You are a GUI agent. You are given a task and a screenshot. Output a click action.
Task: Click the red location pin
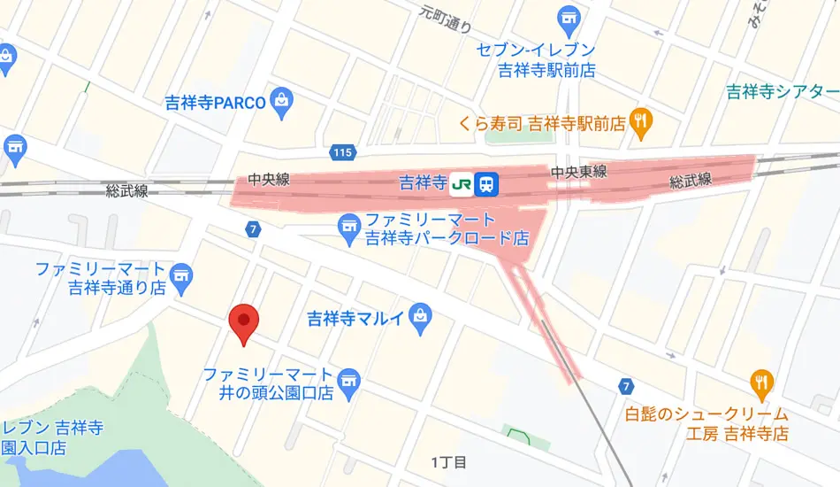coord(243,322)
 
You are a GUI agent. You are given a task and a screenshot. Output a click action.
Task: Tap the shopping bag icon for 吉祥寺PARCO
coord(282,101)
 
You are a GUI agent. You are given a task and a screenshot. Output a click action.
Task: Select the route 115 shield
coord(343,153)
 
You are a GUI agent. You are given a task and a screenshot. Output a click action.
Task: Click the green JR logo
coord(461,184)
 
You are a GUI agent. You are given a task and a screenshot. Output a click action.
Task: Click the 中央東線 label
coord(578,172)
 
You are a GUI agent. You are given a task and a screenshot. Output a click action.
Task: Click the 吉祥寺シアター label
coord(782,91)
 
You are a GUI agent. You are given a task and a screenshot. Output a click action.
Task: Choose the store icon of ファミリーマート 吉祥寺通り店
coord(183,275)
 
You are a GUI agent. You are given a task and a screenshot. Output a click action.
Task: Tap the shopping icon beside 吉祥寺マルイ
coord(420,316)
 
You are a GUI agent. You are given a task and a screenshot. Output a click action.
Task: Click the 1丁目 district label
coord(448,462)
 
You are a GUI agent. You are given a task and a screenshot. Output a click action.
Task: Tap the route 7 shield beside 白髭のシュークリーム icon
coord(626,386)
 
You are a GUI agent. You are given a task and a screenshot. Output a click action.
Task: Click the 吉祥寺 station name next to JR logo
coord(422,183)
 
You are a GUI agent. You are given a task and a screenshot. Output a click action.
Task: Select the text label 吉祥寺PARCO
coord(215,102)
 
